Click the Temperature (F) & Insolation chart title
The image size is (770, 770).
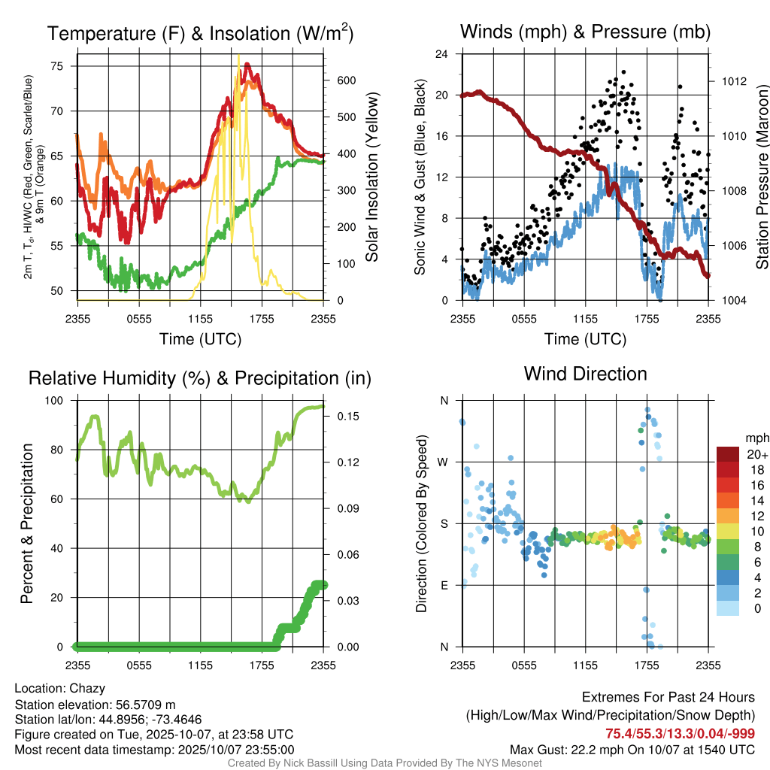click(200, 33)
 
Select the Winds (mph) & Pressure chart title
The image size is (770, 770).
click(585, 32)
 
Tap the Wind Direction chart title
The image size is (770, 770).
click(585, 374)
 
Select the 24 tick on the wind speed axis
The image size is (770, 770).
click(442, 54)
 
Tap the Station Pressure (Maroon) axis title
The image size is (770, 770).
click(762, 177)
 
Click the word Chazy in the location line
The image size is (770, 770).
click(87, 688)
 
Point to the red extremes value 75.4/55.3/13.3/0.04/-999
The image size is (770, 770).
click(681, 734)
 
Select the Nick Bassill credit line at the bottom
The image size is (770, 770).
click(384, 763)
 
